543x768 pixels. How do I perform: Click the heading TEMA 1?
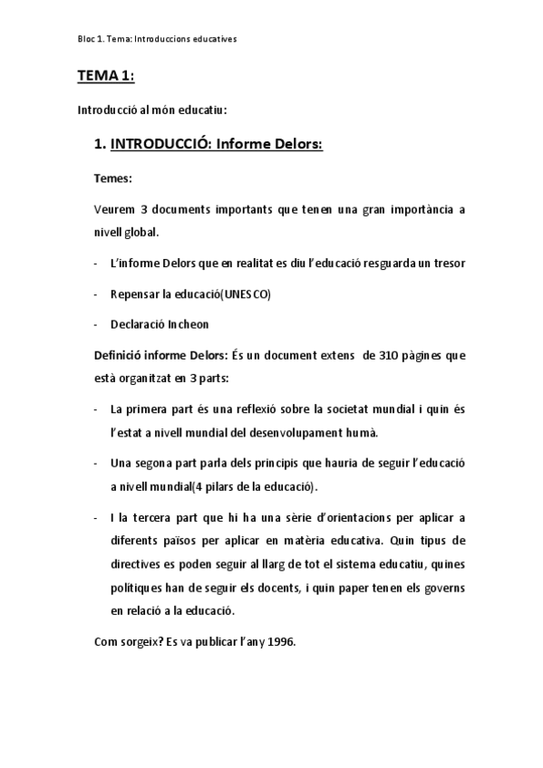coord(105,77)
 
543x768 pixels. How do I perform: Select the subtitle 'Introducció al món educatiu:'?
coord(151,110)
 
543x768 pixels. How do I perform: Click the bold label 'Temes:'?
coord(112,178)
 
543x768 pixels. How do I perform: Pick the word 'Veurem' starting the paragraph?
coord(114,209)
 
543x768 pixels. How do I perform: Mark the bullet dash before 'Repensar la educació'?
coord(97,294)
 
